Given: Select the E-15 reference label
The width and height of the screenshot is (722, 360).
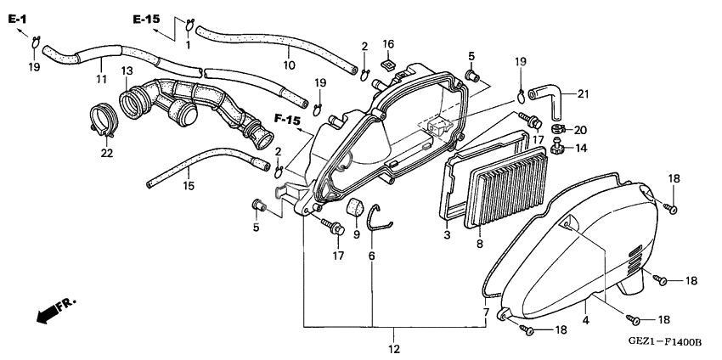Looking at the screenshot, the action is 146,19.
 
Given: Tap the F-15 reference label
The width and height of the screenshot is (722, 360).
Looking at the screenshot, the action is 287,120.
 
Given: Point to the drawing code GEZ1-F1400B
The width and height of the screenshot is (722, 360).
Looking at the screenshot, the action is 665,342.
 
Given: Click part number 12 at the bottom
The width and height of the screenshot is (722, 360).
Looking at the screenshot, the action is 394,349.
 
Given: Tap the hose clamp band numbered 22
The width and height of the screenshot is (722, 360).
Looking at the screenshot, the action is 103,120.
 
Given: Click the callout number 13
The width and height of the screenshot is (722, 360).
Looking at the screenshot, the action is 127,71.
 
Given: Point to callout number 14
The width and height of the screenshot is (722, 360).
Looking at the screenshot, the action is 581,149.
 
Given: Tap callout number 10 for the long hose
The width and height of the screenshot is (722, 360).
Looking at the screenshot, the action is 289,65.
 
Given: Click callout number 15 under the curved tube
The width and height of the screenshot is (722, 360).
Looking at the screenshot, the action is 189,186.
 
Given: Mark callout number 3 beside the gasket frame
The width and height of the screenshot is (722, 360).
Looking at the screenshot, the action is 447,236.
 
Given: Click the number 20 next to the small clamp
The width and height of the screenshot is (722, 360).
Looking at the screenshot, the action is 580,130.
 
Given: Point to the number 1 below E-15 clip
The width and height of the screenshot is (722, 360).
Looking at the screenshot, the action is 188,45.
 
